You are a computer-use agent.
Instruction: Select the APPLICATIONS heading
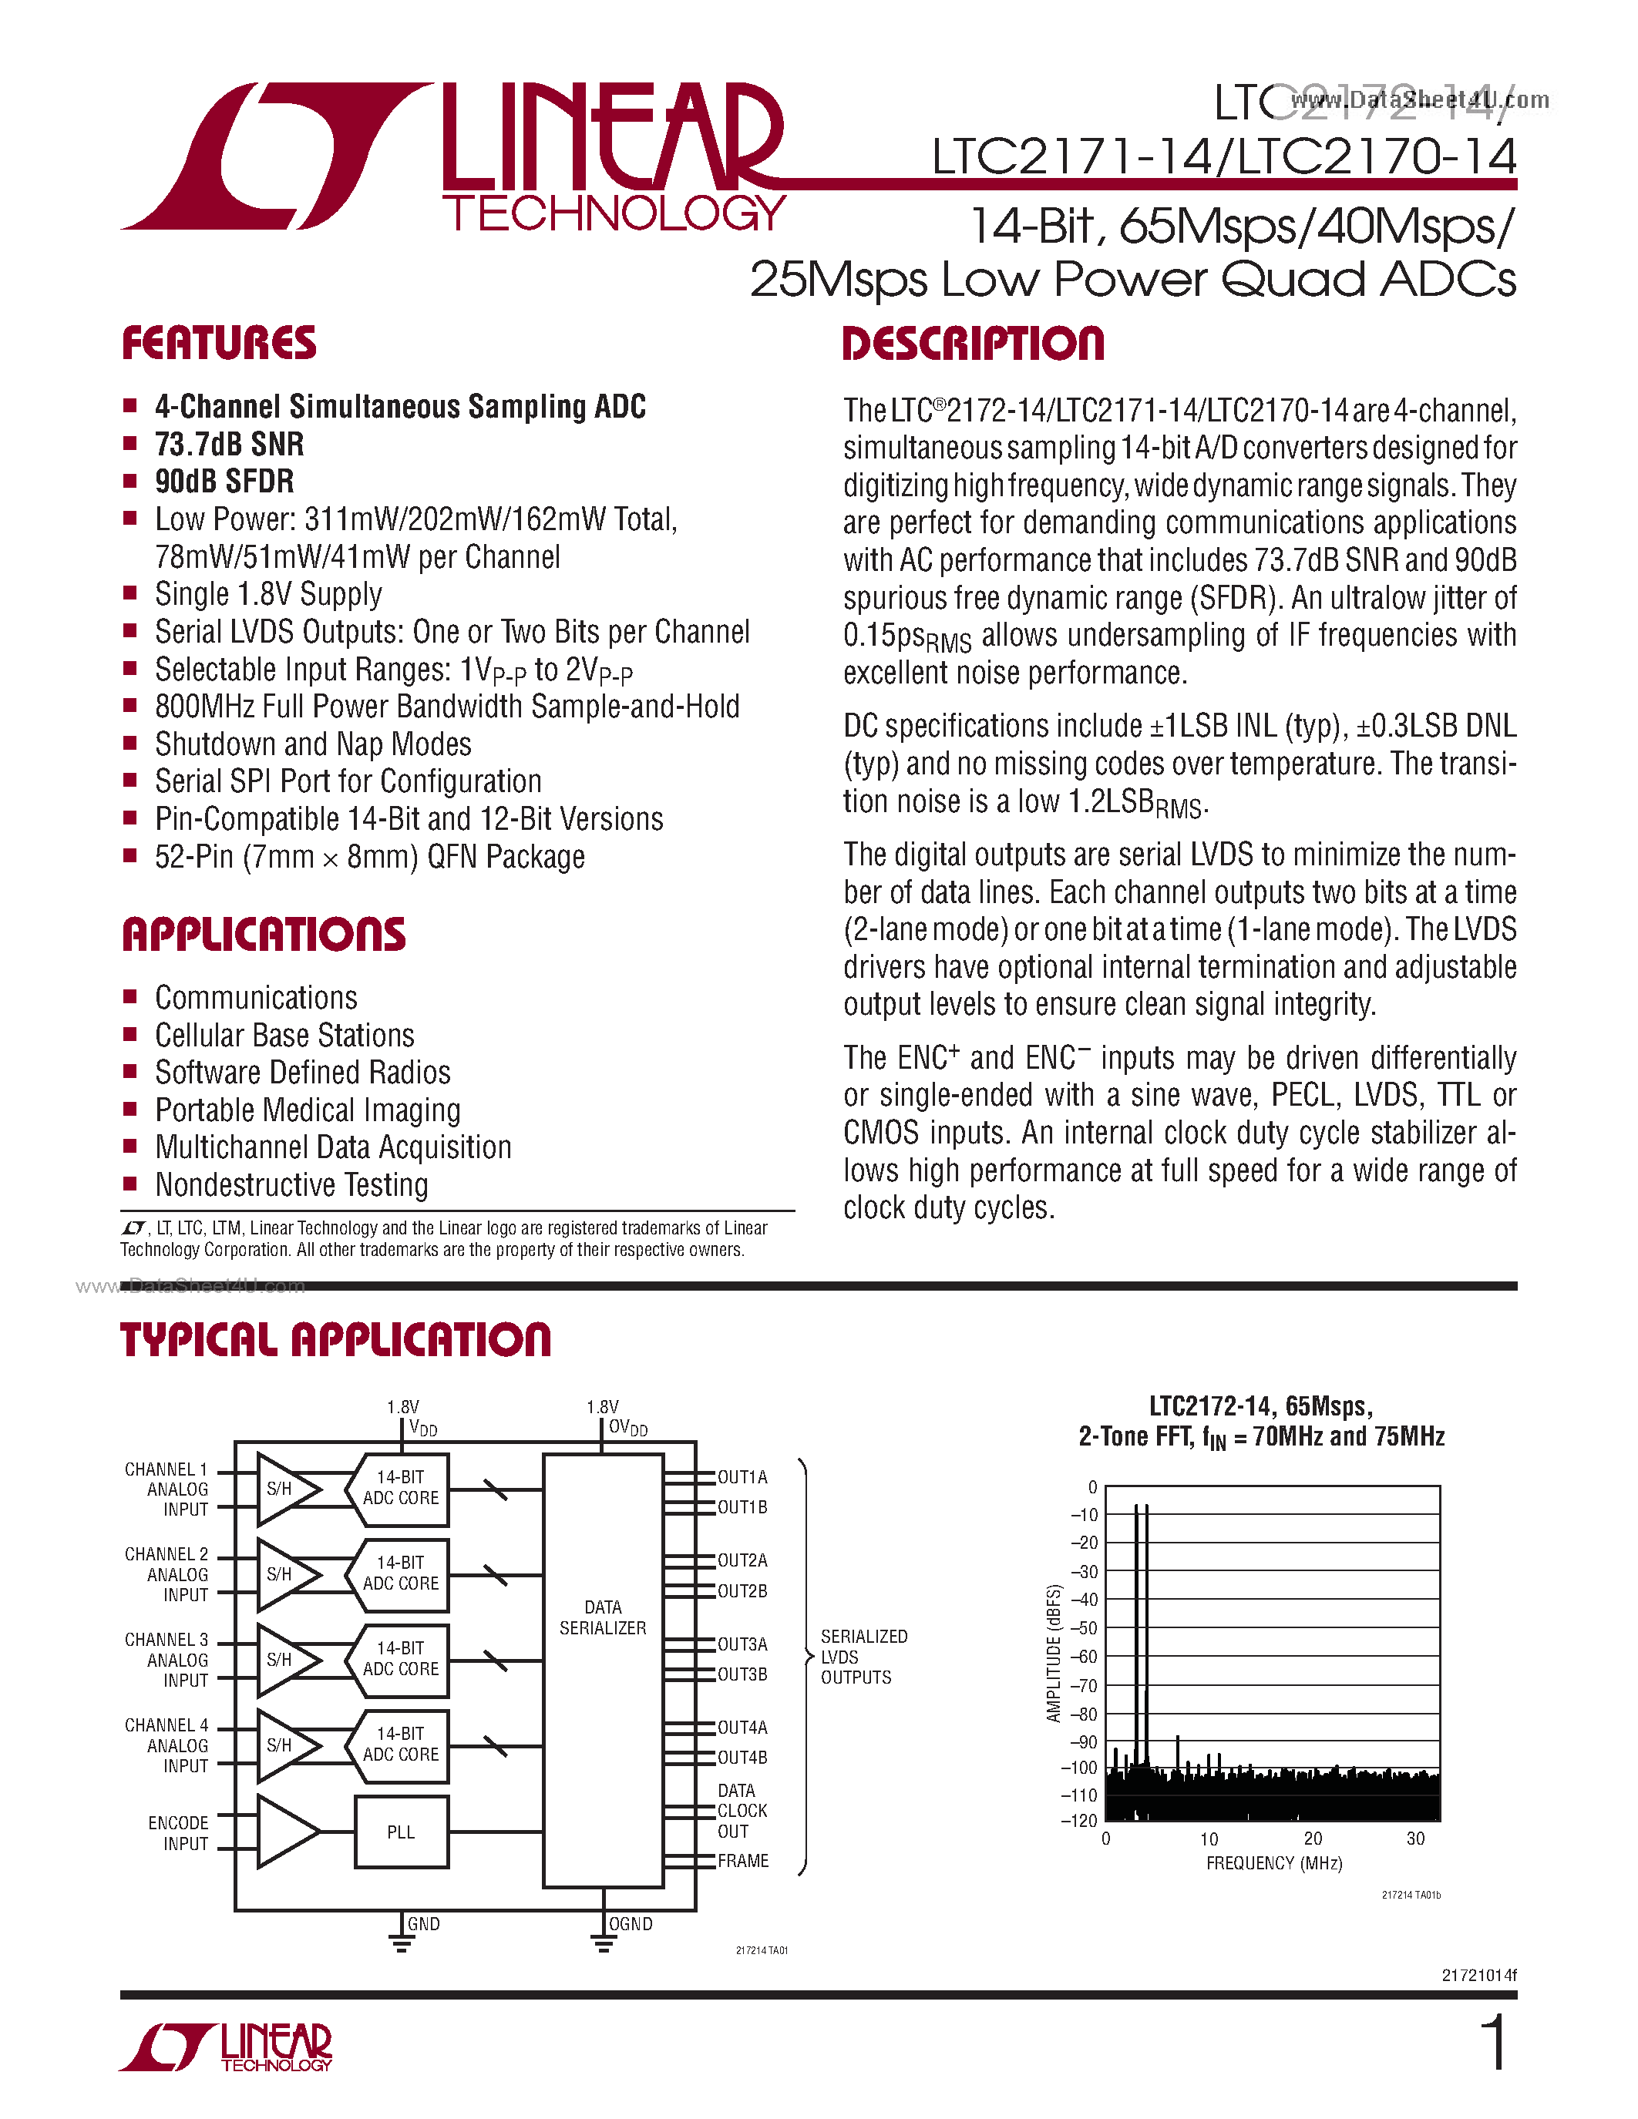click(x=263, y=935)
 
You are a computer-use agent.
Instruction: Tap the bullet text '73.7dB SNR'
click(x=229, y=445)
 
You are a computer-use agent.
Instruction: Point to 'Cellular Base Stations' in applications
click(x=284, y=1036)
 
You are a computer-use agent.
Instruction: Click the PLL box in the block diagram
click(x=401, y=1832)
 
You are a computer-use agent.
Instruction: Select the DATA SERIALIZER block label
click(x=603, y=1617)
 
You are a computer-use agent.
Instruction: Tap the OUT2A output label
click(x=742, y=1560)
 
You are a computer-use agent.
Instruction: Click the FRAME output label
click(x=743, y=1861)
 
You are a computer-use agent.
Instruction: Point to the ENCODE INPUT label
click(x=179, y=1833)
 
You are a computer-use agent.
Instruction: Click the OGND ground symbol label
click(x=630, y=1924)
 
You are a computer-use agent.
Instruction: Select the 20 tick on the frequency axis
click(x=1312, y=1839)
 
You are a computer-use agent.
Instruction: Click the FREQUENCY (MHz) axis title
click(x=1273, y=1864)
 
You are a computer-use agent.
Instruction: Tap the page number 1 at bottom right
click(x=1495, y=2043)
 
